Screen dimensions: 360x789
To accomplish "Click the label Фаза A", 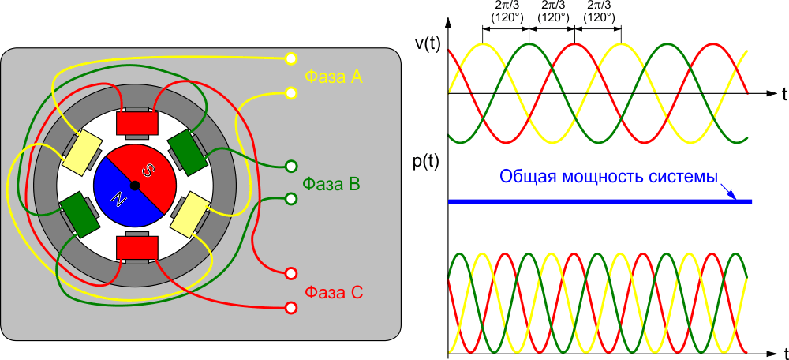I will [333, 77].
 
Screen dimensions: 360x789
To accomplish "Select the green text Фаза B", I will [331, 186].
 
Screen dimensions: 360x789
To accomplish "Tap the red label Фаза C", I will [334, 293].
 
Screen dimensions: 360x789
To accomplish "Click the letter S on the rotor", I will [148, 170].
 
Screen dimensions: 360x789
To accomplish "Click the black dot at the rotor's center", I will [135, 186].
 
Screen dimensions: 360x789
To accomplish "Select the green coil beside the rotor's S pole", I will [185, 151].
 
